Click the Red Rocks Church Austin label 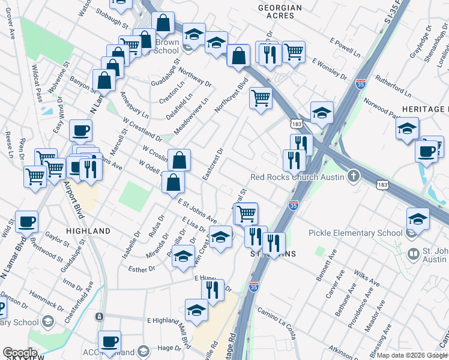click(297, 177)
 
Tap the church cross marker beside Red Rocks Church click(354, 176)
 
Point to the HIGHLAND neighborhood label click(88, 231)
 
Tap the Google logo click(20, 353)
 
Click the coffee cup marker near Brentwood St click(27, 222)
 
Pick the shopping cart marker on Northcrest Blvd click(261, 98)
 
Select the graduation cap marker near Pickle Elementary click(418, 219)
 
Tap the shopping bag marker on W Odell click(173, 183)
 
